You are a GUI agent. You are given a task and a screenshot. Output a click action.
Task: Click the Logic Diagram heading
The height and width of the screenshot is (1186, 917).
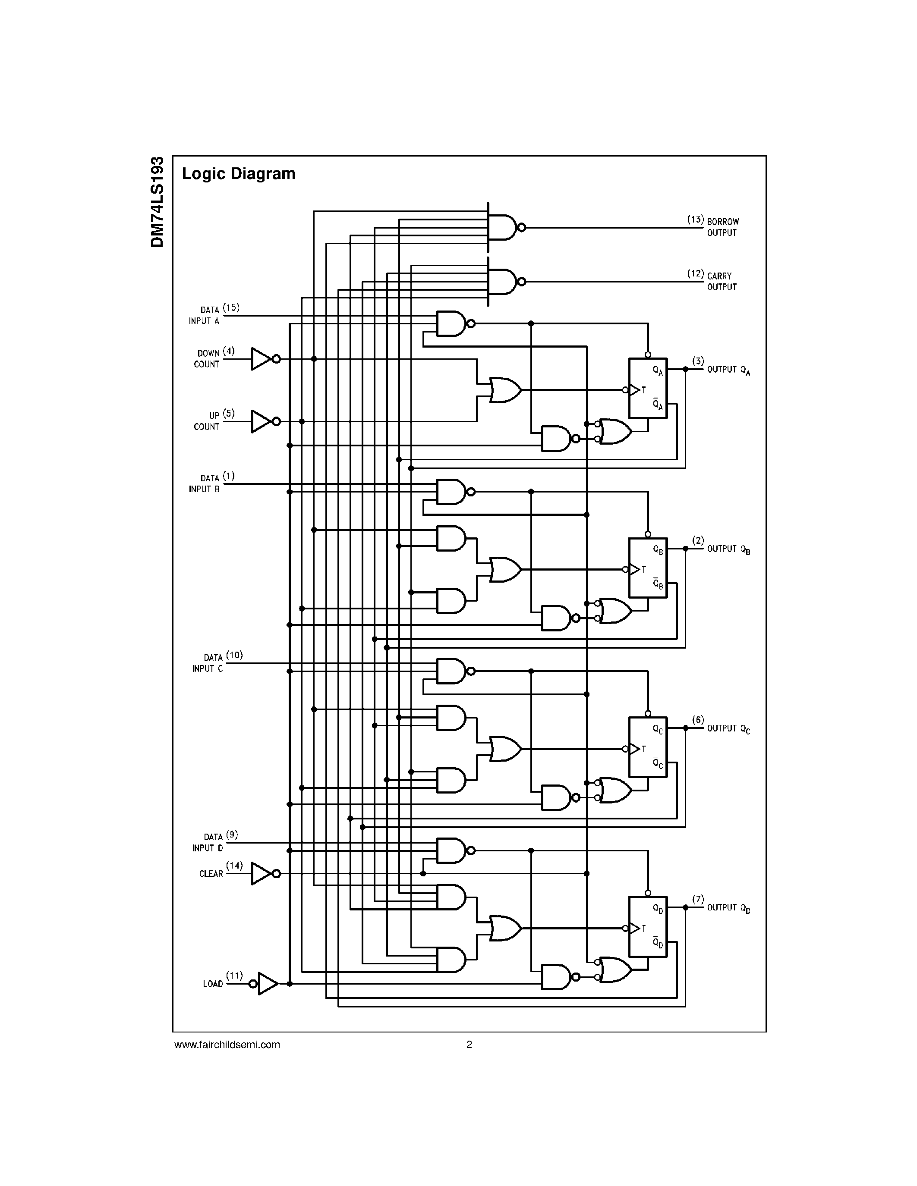[x=239, y=174]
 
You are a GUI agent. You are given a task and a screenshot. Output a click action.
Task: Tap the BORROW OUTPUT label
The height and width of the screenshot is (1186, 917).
[x=722, y=227]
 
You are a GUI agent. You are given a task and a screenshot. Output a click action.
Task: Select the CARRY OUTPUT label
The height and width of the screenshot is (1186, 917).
[x=722, y=281]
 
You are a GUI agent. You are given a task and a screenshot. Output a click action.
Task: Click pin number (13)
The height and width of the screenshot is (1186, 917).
[x=695, y=220]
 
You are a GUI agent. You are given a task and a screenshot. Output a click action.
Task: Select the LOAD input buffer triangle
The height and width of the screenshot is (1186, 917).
[x=267, y=983]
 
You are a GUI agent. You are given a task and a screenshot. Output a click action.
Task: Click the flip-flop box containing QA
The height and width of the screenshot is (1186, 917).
[x=648, y=388]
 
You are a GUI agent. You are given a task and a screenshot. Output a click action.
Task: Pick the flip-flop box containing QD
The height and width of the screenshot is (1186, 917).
[x=648, y=926]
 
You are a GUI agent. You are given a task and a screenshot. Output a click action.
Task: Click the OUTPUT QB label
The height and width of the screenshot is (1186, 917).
[x=728, y=549]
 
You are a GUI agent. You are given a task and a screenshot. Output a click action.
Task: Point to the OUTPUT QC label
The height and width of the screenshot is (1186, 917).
[x=728, y=729]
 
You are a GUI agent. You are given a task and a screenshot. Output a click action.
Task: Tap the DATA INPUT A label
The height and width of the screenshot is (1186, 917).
[x=204, y=316]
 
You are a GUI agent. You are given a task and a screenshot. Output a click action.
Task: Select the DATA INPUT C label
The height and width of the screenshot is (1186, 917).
[x=208, y=663]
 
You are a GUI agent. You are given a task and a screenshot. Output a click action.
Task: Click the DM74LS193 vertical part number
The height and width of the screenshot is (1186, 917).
[x=158, y=202]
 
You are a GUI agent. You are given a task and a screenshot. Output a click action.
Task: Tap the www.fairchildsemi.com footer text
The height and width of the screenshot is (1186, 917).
[x=227, y=1044]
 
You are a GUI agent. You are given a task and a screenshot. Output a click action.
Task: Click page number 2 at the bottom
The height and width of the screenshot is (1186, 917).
[x=470, y=1044]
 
